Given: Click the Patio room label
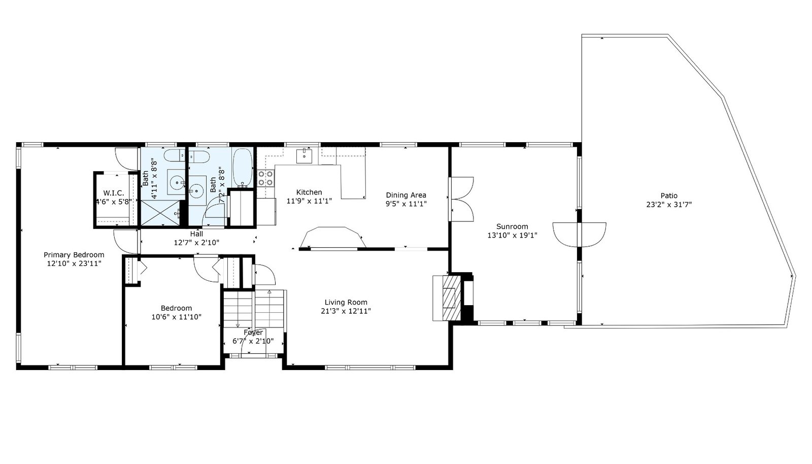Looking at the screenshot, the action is pyautogui.click(x=669, y=196).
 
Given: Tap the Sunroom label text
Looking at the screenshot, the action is pyautogui.click(x=512, y=226).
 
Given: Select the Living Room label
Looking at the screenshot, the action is pyautogui.click(x=346, y=303).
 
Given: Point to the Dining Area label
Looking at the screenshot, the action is pyautogui.click(x=406, y=195).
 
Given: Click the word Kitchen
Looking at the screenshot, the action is pyautogui.click(x=309, y=192).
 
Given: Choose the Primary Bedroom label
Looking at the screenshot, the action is pyautogui.click(x=74, y=255).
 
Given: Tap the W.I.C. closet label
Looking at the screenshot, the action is pyautogui.click(x=114, y=193).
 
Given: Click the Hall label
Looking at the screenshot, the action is pyautogui.click(x=196, y=234).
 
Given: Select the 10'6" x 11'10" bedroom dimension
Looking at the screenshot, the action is pyautogui.click(x=176, y=317).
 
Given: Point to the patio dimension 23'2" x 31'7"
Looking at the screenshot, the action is pyautogui.click(x=669, y=205).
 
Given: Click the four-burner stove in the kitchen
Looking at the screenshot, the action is pyautogui.click(x=265, y=178).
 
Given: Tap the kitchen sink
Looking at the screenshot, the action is pyautogui.click(x=304, y=155).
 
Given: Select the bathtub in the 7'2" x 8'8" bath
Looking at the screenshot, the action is pyautogui.click(x=243, y=168).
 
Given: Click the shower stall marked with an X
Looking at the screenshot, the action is pyautogui.click(x=160, y=214).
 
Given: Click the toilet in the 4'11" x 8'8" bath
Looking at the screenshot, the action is pyautogui.click(x=175, y=155).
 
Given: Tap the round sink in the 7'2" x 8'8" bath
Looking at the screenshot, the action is pyautogui.click(x=196, y=190).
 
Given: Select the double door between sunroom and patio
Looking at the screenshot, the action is pyautogui.click(x=579, y=235).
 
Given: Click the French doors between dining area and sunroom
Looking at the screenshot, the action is pyautogui.click(x=461, y=199).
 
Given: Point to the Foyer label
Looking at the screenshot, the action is pyautogui.click(x=253, y=333).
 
